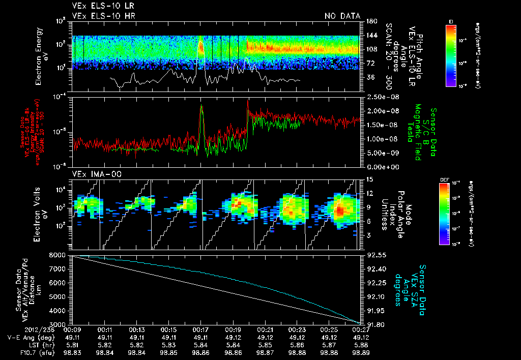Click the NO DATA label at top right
[342, 16]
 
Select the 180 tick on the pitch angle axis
[370, 21]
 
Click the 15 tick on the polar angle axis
[369, 179]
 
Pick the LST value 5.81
[73, 344]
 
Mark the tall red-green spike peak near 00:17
[201, 106]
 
